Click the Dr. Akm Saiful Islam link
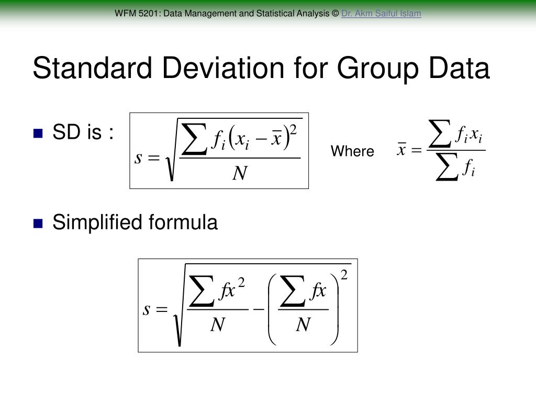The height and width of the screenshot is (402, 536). pos(381,14)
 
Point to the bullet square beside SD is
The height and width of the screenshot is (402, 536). pos(38,133)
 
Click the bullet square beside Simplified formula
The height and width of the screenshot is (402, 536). pos(38,224)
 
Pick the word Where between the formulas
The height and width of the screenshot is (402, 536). pos(352,152)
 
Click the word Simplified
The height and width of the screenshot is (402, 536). pos(97,223)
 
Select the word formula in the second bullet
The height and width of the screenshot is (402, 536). pos(183,223)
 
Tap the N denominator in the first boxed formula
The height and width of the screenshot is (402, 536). pos(239,173)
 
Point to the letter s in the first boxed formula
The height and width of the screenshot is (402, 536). pos(139,157)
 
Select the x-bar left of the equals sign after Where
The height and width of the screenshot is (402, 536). pos(402,150)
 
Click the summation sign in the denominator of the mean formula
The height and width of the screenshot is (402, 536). pos(446,168)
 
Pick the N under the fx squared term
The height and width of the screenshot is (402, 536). pos(217,326)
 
